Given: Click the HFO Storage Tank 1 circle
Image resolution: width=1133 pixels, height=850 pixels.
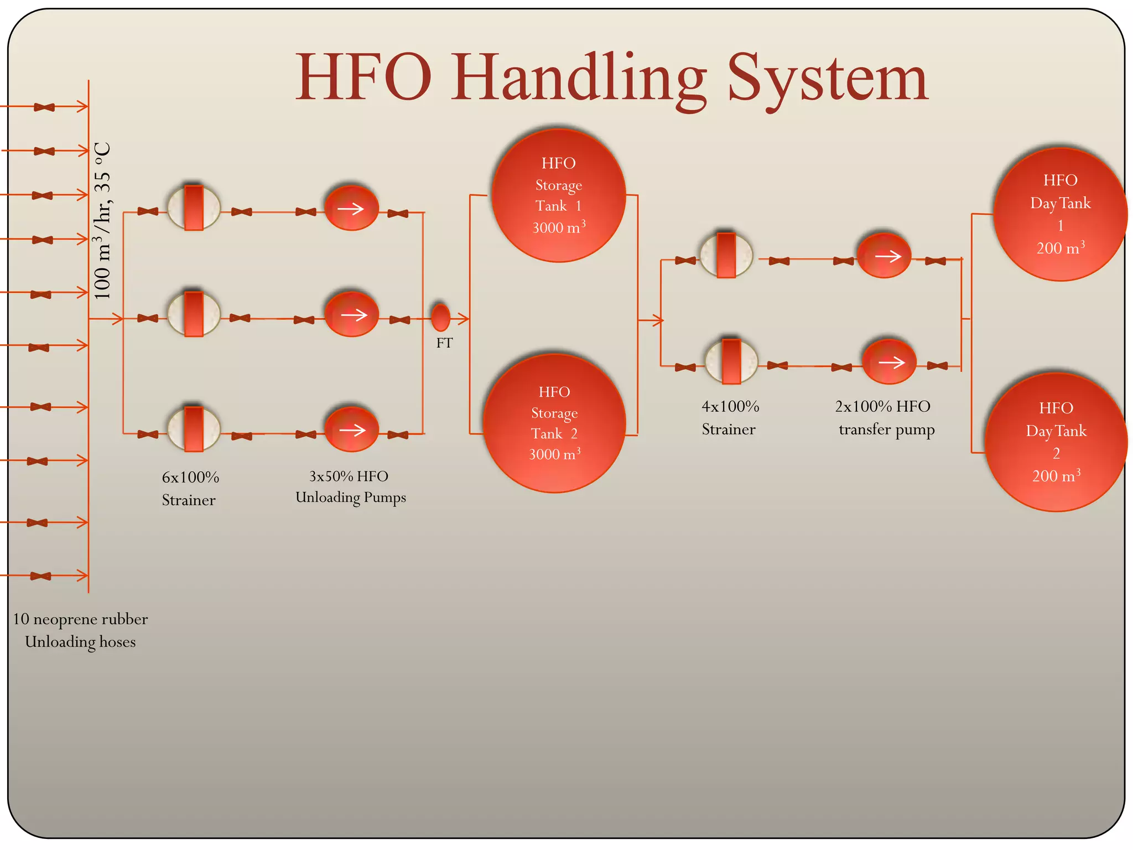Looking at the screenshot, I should (x=558, y=195).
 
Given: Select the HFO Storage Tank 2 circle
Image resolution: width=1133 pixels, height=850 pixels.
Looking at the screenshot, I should (x=554, y=423).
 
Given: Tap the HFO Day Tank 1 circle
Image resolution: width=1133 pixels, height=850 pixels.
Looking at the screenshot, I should (x=1060, y=214).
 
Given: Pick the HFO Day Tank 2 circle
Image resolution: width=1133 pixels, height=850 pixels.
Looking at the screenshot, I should (x=1056, y=442).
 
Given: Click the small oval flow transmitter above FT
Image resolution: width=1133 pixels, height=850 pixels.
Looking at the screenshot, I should (x=440, y=318).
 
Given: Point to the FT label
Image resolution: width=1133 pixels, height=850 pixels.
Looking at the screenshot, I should (x=444, y=343).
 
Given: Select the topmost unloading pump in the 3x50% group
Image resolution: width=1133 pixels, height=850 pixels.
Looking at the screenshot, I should (x=351, y=208).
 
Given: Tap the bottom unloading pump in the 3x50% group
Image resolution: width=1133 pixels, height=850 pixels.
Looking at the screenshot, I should (x=351, y=429).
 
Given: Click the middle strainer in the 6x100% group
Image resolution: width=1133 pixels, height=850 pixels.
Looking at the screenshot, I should (x=194, y=314).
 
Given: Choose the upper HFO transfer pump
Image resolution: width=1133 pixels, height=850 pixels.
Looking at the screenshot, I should (x=884, y=256).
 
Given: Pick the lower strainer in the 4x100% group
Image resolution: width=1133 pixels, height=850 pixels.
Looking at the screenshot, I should (x=731, y=361).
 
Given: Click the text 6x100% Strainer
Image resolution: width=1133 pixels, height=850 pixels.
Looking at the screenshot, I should (x=190, y=488).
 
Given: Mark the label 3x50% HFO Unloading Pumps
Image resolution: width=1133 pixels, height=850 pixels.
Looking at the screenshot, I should (x=350, y=486).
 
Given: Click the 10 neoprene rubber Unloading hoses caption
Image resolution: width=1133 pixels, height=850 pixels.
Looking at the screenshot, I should (x=80, y=630).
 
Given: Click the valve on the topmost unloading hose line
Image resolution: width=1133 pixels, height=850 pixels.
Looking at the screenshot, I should (x=44, y=107).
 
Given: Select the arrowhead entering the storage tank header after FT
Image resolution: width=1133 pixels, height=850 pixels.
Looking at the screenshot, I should (x=464, y=318).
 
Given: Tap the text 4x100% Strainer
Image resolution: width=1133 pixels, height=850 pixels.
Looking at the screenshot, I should (x=730, y=418).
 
